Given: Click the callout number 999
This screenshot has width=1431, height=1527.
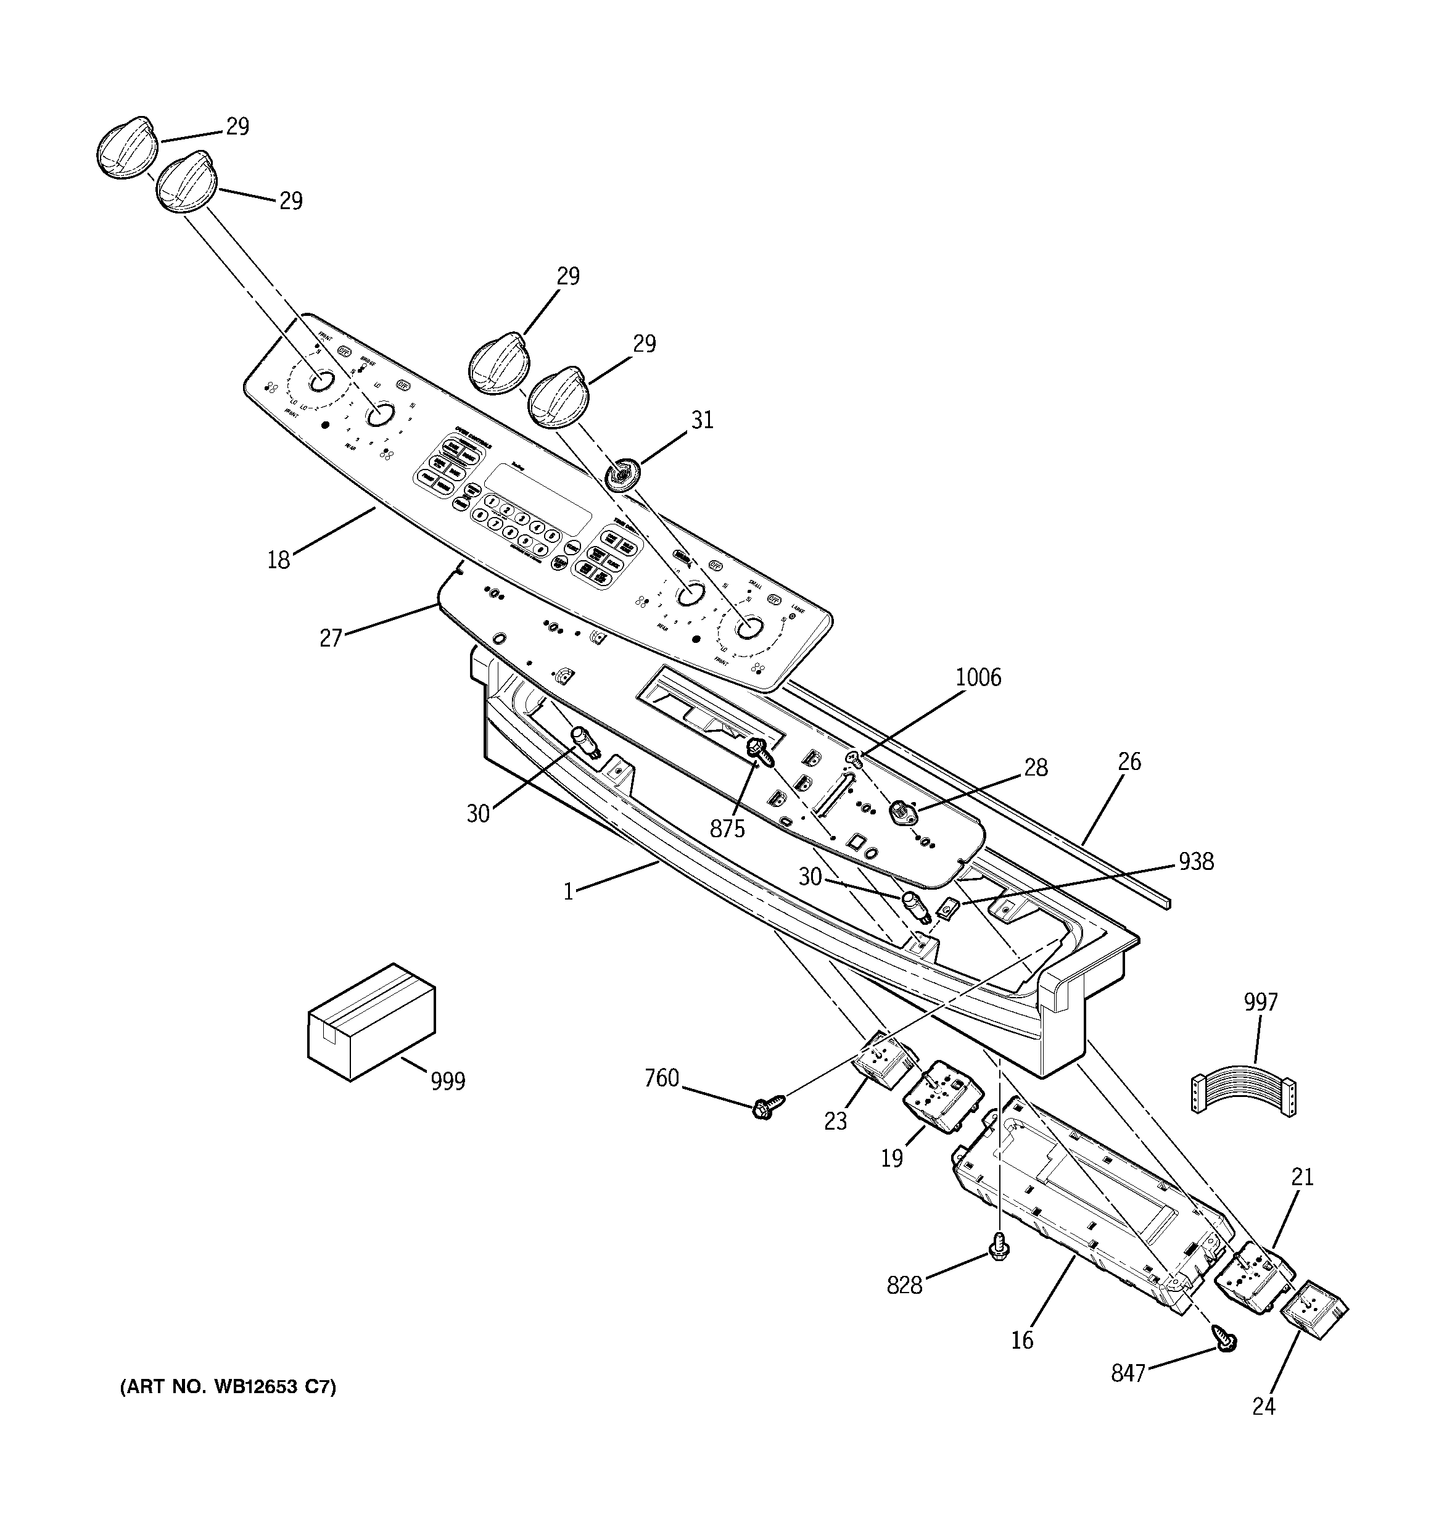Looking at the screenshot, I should pos(448,1081).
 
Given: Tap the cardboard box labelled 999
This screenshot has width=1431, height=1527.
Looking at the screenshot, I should pos(371,1022).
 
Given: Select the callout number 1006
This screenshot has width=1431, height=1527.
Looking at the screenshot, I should pos(978,677).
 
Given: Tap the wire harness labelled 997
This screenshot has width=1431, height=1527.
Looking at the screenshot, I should pos(1243,1088).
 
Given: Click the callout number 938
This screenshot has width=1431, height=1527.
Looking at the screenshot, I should pos(1196,862).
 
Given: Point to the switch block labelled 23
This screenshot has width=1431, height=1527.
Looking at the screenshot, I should pos(882,1061).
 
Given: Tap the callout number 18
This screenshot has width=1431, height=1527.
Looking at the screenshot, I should pos(278,560).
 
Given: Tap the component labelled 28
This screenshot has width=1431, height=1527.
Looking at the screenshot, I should pos(899,810).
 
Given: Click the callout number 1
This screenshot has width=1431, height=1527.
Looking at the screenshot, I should pos(569,892).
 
